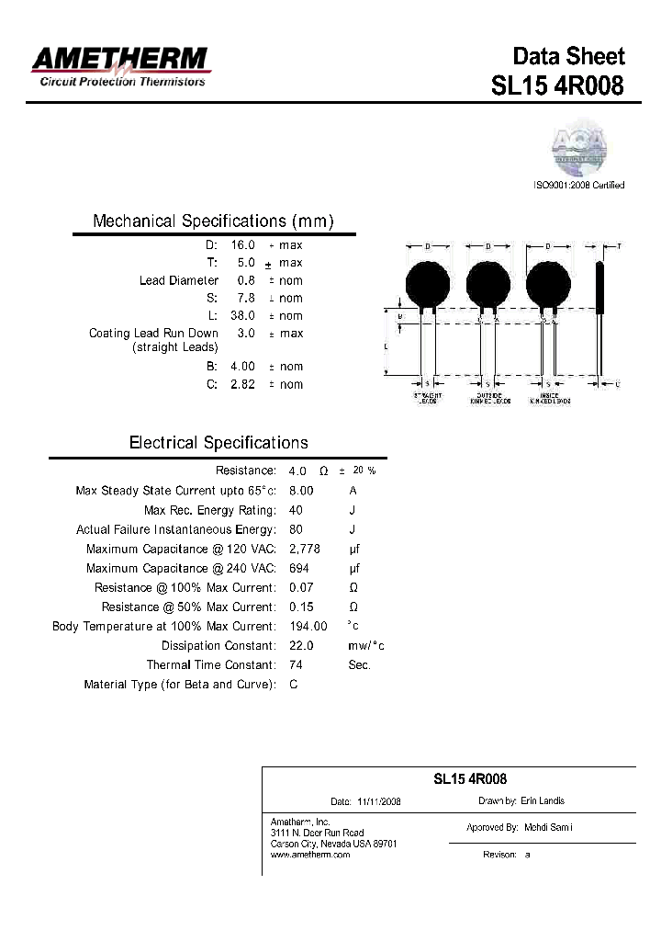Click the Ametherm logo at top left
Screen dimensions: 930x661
tap(120, 66)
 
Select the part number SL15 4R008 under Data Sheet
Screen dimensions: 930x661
tap(558, 85)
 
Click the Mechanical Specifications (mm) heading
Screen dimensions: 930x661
tap(213, 221)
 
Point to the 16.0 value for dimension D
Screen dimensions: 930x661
tap(242, 245)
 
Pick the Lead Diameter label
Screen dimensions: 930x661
tap(179, 280)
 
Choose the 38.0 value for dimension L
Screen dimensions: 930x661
tap(242, 315)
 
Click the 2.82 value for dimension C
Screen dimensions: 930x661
tap(242, 384)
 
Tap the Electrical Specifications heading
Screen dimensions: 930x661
tap(218, 443)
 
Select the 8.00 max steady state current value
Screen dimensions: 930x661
tap(301, 491)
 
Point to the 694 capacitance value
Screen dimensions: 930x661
tap(298, 569)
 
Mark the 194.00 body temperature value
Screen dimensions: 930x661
tap(308, 627)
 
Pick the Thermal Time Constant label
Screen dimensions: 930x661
tap(210, 665)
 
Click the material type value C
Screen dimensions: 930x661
tap(293, 685)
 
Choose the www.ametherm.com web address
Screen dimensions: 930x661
tap(310, 855)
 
